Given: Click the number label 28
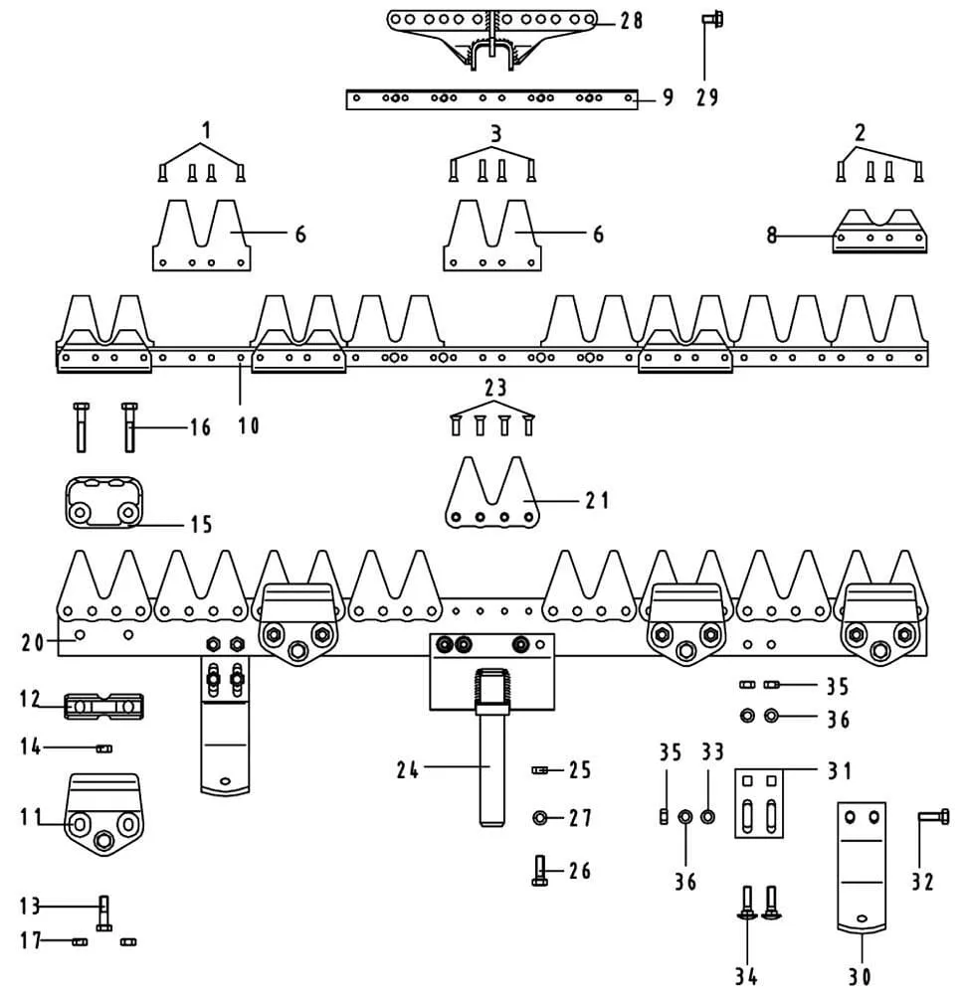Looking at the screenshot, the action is tap(631, 21).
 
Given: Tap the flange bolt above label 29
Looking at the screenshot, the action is tap(712, 19).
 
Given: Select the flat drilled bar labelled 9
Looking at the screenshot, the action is tap(491, 98).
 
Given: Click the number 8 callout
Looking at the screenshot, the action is tap(771, 236).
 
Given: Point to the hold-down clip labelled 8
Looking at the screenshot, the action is tap(879, 232).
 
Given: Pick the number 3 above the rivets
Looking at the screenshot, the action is tap(496, 134).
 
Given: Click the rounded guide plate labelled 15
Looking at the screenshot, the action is tap(103, 502).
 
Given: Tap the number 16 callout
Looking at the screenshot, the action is tap(200, 427).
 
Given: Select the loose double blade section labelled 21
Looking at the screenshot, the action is tap(492, 493).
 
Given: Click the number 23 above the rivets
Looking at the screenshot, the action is tap(495, 388).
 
